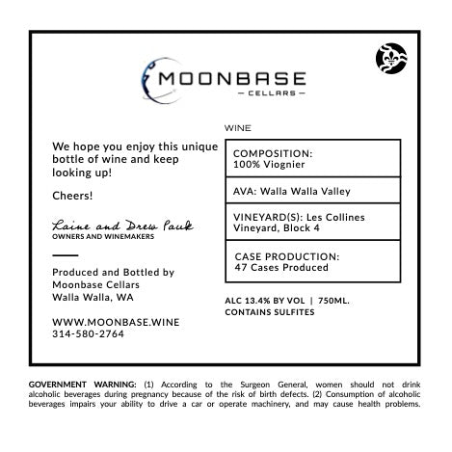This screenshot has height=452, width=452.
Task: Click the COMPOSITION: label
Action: (274, 153)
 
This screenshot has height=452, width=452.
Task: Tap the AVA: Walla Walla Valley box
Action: (312, 192)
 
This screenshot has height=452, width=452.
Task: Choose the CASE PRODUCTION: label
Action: (286, 256)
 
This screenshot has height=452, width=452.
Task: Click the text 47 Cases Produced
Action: (281, 268)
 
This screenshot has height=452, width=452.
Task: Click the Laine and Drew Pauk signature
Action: (121, 225)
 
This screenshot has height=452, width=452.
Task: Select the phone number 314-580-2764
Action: (88, 333)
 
